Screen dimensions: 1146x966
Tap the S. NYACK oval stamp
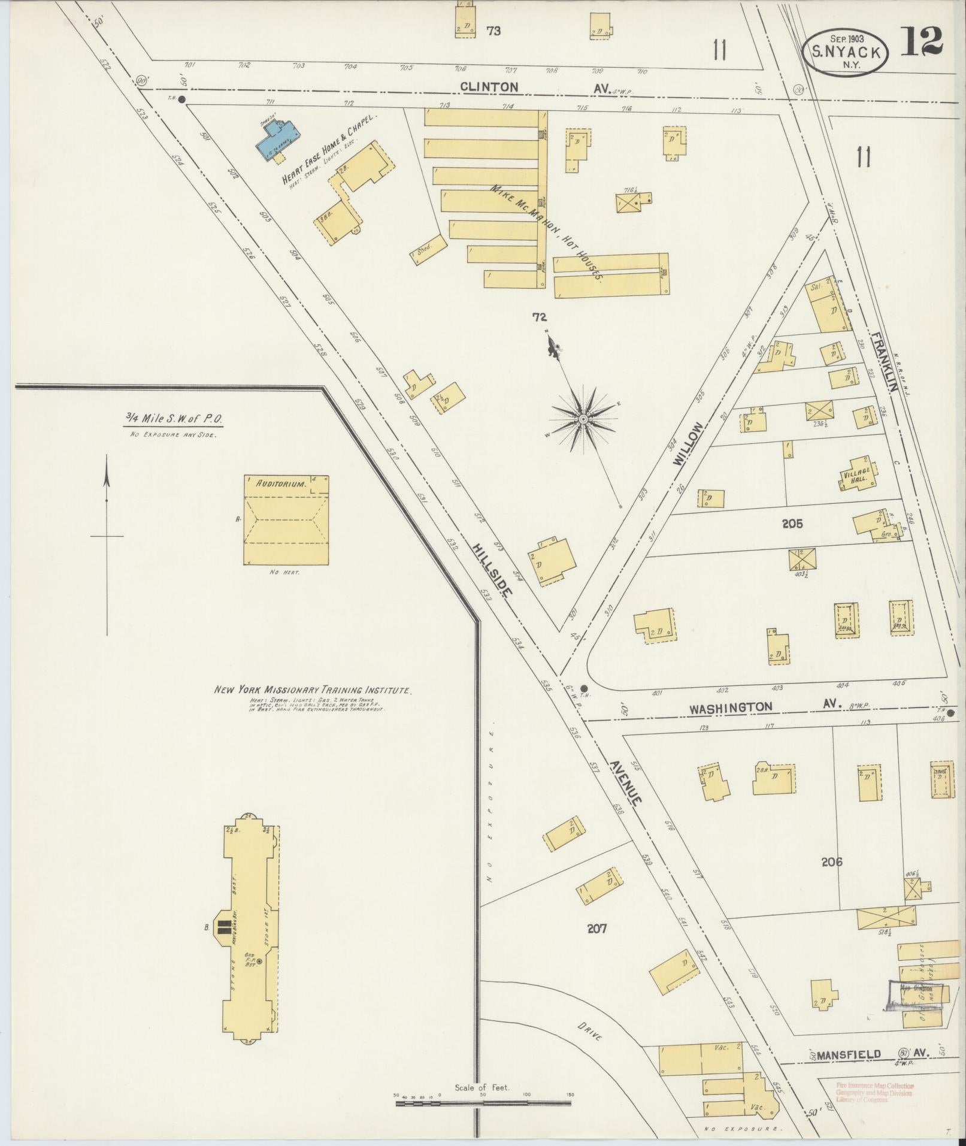coord(844,53)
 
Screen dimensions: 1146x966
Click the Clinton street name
coord(489,87)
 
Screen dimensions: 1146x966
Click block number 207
coord(596,929)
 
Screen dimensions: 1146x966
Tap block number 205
coord(792,524)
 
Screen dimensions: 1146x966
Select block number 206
coord(832,862)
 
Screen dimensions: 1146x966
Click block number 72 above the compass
coord(540,318)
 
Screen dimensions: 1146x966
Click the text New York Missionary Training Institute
coord(312,690)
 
